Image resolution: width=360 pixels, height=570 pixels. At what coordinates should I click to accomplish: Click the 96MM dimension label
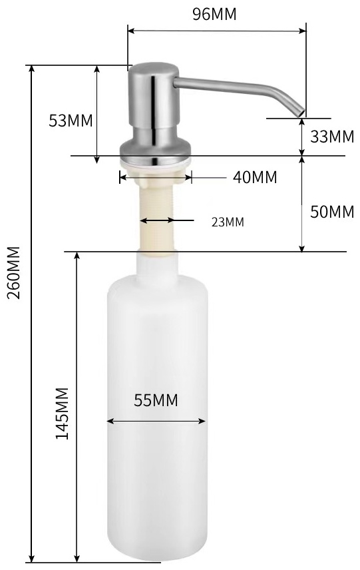tap(214, 14)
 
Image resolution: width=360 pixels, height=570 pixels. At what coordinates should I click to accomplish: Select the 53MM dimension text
tap(71, 121)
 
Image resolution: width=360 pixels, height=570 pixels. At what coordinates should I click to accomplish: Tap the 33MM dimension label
tap(332, 137)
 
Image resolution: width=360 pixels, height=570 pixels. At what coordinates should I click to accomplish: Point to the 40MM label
tap(255, 177)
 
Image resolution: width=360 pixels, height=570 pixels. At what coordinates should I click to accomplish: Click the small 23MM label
tap(228, 222)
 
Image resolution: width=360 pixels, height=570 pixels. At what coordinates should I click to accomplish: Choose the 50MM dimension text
tap(332, 212)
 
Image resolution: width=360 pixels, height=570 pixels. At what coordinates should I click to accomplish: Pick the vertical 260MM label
tap(14, 272)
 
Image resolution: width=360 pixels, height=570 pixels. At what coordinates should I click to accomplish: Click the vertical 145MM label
tap(62, 414)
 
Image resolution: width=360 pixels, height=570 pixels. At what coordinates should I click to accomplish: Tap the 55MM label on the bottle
tap(156, 400)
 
